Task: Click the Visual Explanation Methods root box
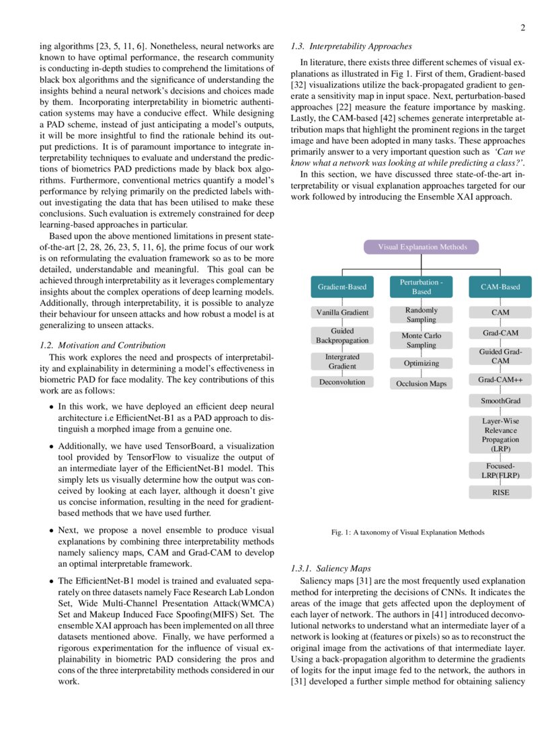tap(422, 247)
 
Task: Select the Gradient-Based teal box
tap(342, 287)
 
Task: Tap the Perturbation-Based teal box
tap(422, 287)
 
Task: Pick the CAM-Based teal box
tap(500, 287)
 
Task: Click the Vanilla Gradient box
tap(342, 313)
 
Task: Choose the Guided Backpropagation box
tap(342, 336)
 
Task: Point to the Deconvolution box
tap(342, 382)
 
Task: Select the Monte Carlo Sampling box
tap(422, 340)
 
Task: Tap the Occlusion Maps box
tap(422, 384)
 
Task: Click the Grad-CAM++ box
tap(500, 380)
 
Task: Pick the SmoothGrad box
tap(500, 401)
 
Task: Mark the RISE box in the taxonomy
tap(500, 493)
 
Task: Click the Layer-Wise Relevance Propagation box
tap(500, 434)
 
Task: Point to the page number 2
tap(522, 28)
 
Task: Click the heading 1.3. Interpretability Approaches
tap(351, 47)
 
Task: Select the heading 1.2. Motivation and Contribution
tap(103, 346)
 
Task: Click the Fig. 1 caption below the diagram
tap(407, 532)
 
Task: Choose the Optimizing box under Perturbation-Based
tap(422, 363)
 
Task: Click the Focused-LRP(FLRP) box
tap(500, 470)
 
